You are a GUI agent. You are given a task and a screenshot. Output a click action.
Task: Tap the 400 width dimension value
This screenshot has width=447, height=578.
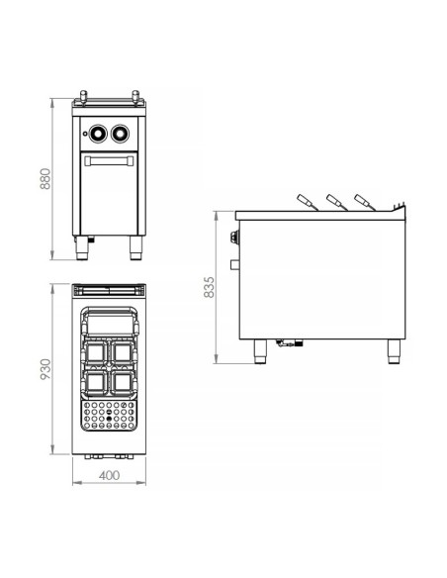[110, 476]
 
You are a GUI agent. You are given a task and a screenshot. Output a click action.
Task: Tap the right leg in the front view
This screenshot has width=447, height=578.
[134, 248]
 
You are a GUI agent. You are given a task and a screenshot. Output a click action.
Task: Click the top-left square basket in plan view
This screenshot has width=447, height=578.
[97, 352]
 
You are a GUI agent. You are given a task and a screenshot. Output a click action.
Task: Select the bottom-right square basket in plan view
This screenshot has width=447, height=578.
[123, 380]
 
